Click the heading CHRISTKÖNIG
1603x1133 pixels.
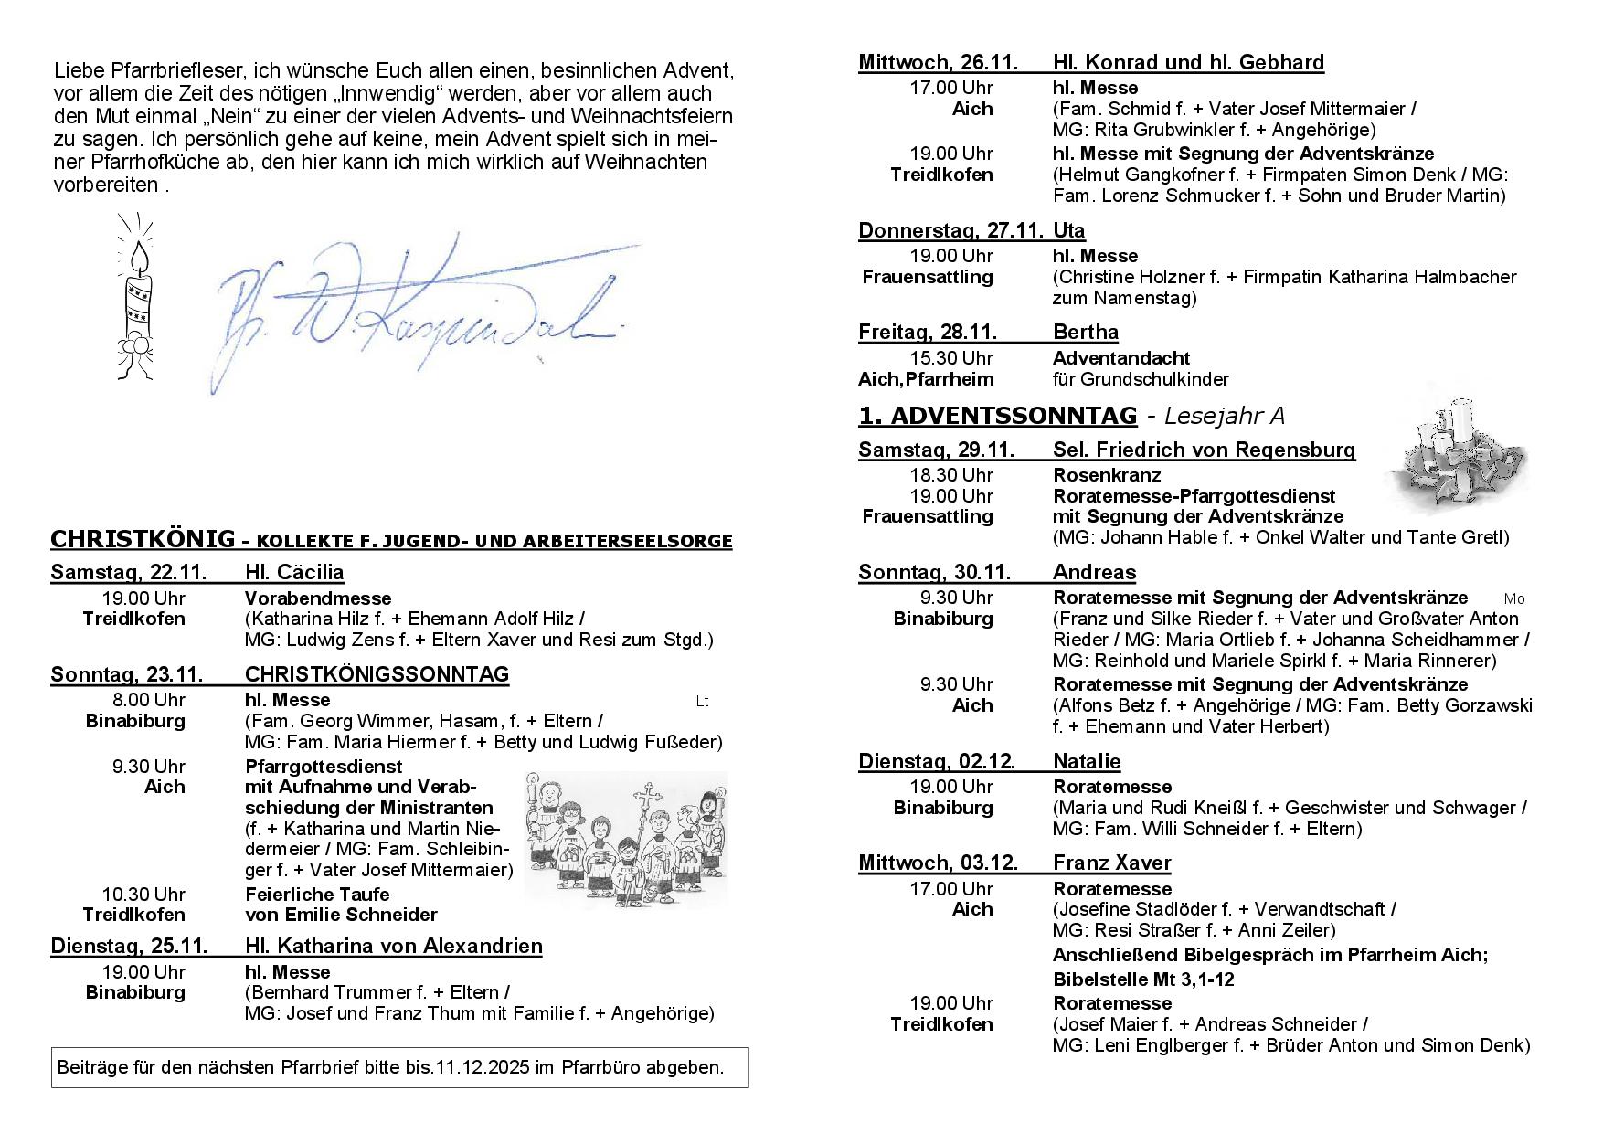(142, 539)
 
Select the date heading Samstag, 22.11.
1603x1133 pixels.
(128, 573)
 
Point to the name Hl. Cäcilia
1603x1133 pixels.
(294, 573)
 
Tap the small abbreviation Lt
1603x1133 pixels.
(702, 702)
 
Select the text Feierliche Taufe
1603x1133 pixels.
(317, 895)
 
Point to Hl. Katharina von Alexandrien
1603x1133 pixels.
(394, 946)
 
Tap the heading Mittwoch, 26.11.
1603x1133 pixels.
(937, 62)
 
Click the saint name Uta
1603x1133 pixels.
(1068, 230)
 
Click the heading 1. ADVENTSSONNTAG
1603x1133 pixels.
(997, 416)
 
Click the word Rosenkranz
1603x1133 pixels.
(1107, 475)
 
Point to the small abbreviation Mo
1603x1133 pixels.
(1514, 599)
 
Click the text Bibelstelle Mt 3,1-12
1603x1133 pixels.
(1143, 979)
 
